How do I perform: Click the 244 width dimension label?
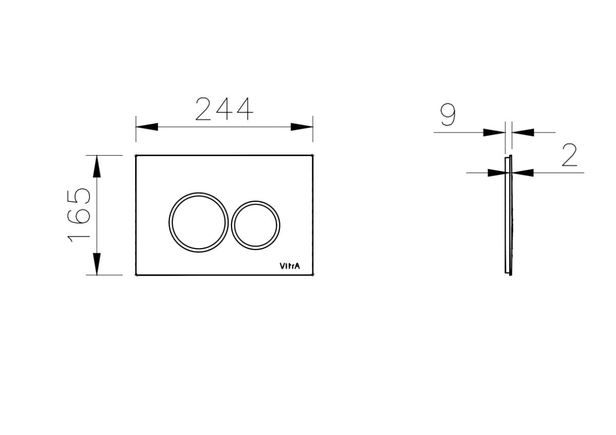tap(224, 109)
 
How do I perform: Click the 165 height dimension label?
tap(79, 215)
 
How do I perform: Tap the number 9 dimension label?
tap(448, 115)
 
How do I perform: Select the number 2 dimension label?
tap(569, 155)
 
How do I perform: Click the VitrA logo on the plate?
tap(290, 266)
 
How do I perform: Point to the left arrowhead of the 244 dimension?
tap(147, 127)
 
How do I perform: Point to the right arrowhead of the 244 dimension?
tap(302, 127)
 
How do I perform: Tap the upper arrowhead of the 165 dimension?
tap(97, 166)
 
